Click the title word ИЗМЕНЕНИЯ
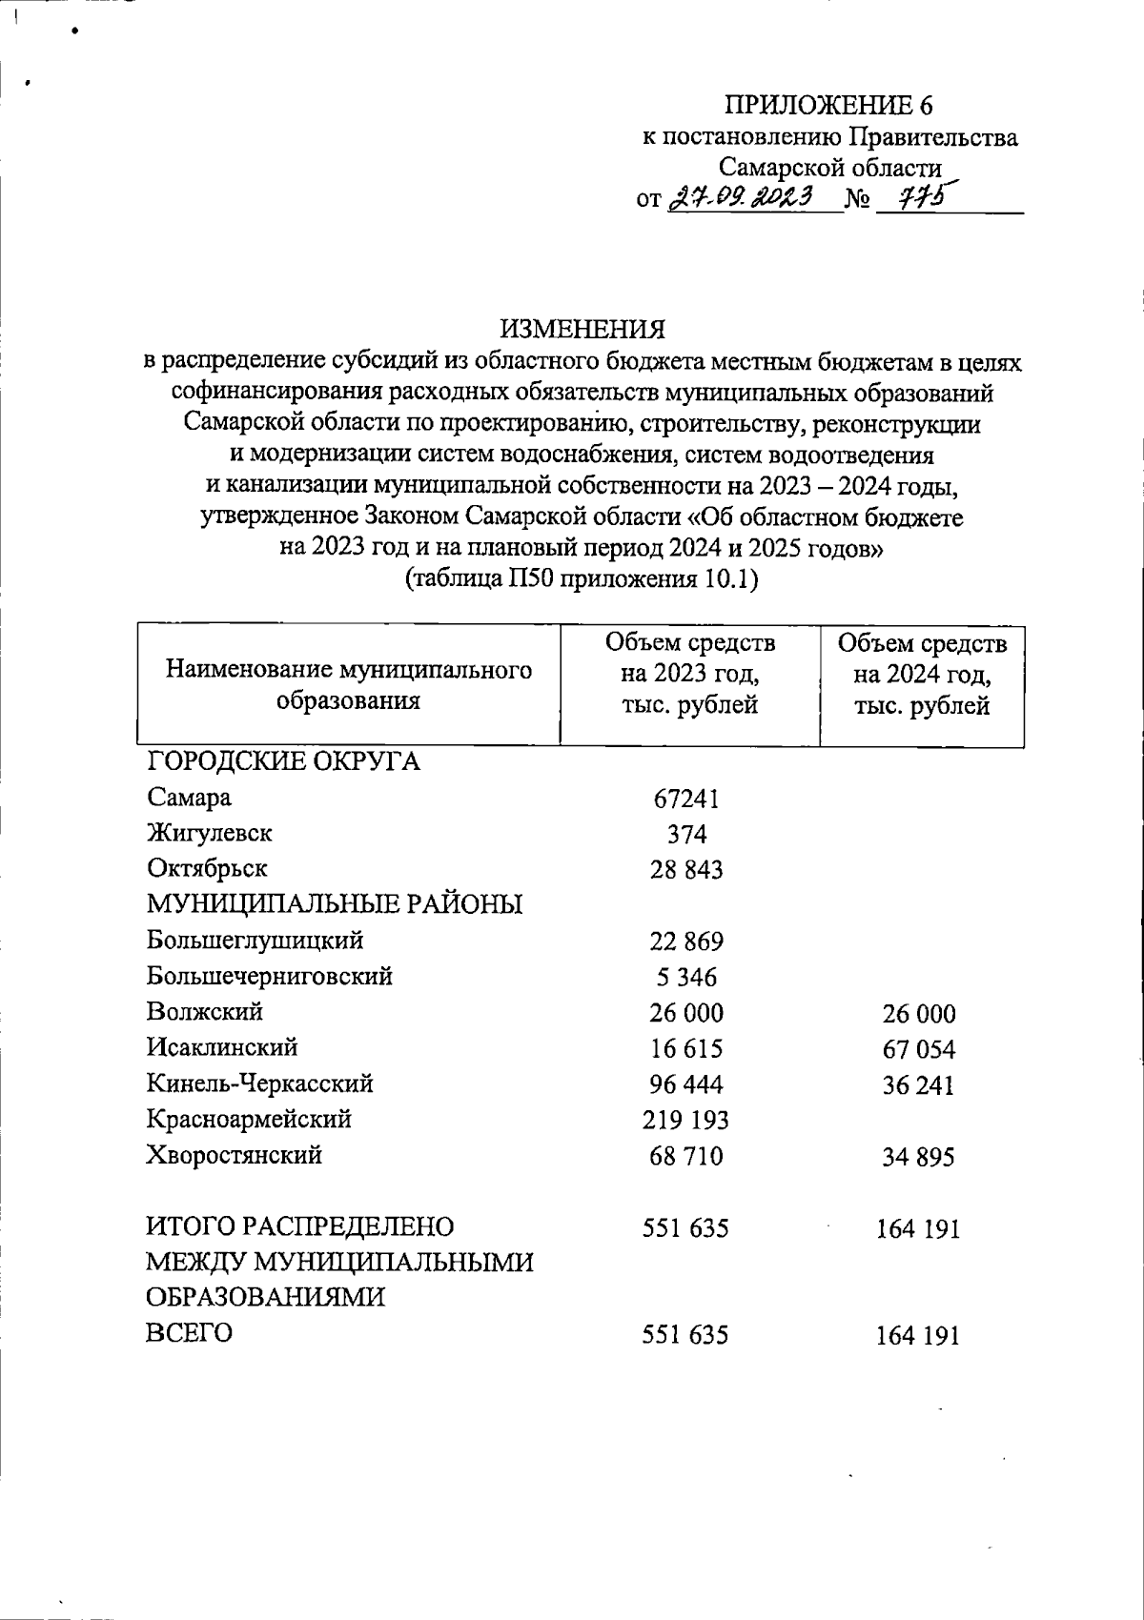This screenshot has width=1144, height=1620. pos(582,330)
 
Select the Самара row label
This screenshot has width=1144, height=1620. pos(189,798)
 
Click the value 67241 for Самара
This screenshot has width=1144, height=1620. pos(686,799)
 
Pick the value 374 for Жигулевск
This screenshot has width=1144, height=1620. pos(686,835)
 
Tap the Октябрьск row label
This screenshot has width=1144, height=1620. pos(207,869)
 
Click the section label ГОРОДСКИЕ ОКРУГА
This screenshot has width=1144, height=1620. pos(283,762)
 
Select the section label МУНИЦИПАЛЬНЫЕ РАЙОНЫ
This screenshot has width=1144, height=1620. pos(335,904)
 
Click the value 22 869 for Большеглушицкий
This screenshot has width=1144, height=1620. pos(686,942)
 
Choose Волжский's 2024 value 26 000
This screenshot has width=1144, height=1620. pos(918,1014)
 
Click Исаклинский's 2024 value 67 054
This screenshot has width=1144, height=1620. pos(918,1050)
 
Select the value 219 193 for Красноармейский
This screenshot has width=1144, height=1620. pos(686,1120)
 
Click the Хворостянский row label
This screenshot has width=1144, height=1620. pos(234,1156)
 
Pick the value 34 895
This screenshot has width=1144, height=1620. pos(918,1158)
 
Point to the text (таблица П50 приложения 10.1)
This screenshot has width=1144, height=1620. pos(582,579)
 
